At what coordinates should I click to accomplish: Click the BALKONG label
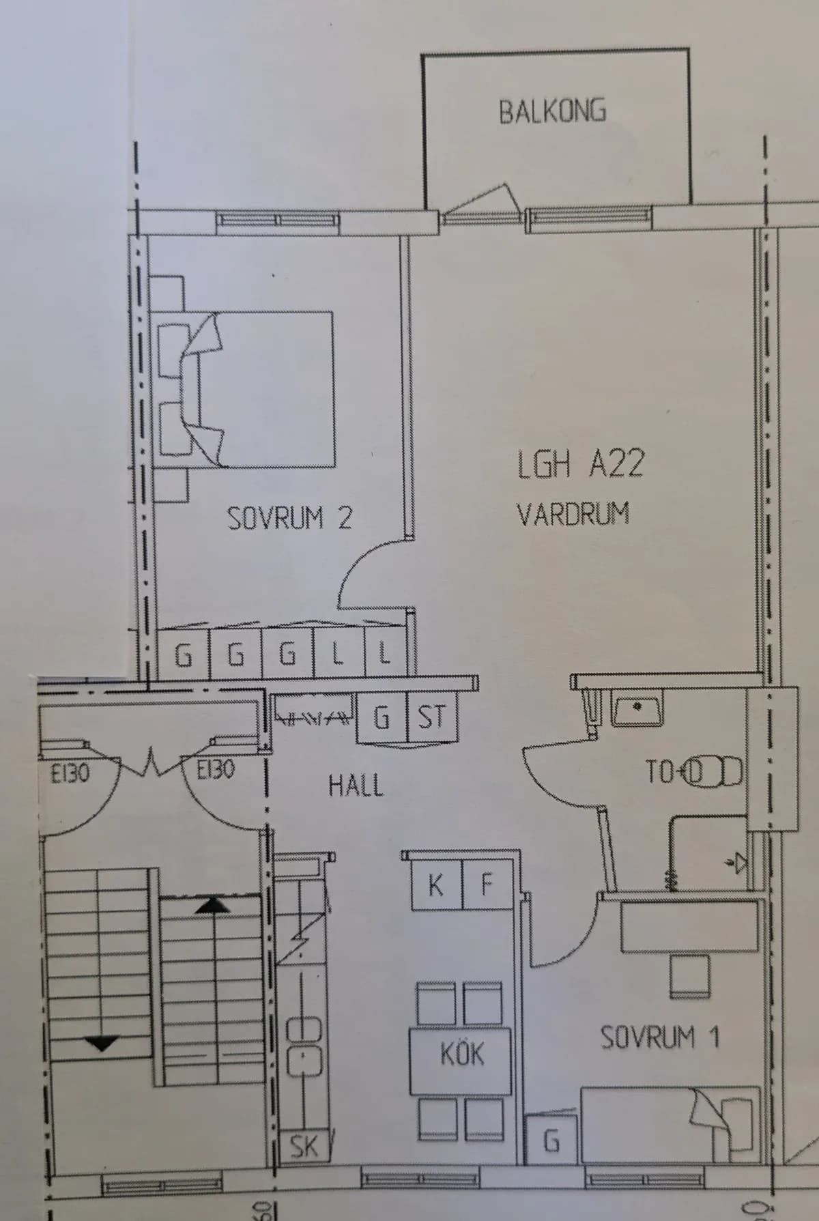pyautogui.click(x=552, y=111)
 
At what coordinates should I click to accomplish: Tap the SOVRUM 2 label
pyautogui.click(x=289, y=519)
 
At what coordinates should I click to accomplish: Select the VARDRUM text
pyautogui.click(x=573, y=514)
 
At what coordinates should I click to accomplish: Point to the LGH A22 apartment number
pyautogui.click(x=580, y=464)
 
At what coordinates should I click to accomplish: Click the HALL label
pyautogui.click(x=356, y=786)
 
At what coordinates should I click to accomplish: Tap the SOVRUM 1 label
pyautogui.click(x=659, y=1038)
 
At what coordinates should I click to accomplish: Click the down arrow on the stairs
pyautogui.click(x=101, y=1043)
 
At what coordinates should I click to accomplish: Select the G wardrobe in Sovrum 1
pyautogui.click(x=551, y=1140)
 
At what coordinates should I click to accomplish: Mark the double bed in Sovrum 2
pyautogui.click(x=259, y=389)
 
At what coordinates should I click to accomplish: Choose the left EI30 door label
pyautogui.click(x=70, y=773)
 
